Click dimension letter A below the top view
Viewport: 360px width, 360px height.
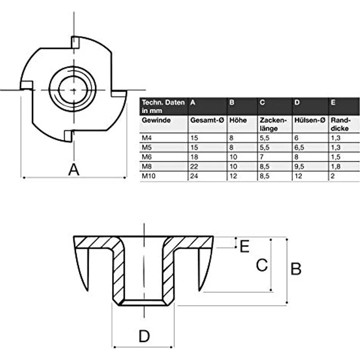(x=74, y=170)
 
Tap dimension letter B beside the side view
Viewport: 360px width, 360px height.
(x=296, y=269)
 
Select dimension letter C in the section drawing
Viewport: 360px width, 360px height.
(x=262, y=265)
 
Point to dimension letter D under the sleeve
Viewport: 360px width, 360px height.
(x=144, y=336)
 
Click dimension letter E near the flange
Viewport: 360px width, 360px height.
(x=245, y=246)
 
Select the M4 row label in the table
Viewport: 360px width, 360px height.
(x=147, y=138)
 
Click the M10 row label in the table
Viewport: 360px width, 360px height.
(x=149, y=176)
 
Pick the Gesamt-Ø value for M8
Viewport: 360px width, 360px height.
(x=194, y=166)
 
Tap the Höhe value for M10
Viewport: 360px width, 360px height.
(x=233, y=176)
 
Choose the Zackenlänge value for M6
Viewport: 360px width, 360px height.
(x=262, y=157)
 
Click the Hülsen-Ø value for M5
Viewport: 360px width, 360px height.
(x=299, y=147)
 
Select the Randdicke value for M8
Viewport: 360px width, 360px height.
(x=336, y=166)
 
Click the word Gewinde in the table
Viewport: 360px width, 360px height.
(x=156, y=120)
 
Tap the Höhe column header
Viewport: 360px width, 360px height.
(x=238, y=120)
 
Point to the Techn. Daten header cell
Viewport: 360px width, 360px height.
(x=163, y=106)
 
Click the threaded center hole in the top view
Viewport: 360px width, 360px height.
(x=73, y=90)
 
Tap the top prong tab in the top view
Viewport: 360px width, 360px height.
(x=75, y=42)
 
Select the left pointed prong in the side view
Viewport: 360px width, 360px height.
(x=82, y=269)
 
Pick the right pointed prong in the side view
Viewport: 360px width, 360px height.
(x=205, y=269)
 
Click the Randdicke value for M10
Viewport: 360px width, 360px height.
(x=333, y=176)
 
